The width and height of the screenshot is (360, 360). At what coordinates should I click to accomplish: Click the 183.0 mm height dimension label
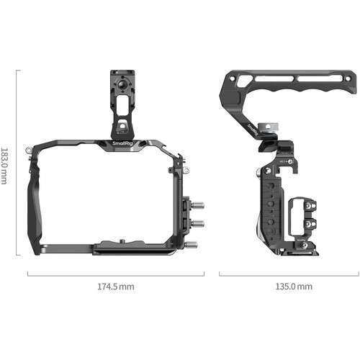(6, 163)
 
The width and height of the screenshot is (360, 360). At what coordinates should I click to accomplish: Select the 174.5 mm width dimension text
(115, 287)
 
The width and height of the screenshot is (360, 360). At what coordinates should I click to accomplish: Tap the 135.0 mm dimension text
(294, 287)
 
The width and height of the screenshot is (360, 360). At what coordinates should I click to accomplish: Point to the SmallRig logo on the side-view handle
(251, 129)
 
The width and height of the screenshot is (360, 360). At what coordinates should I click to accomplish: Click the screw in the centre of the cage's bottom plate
(123, 242)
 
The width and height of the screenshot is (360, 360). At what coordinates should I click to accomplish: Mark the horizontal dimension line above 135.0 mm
(288, 274)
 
